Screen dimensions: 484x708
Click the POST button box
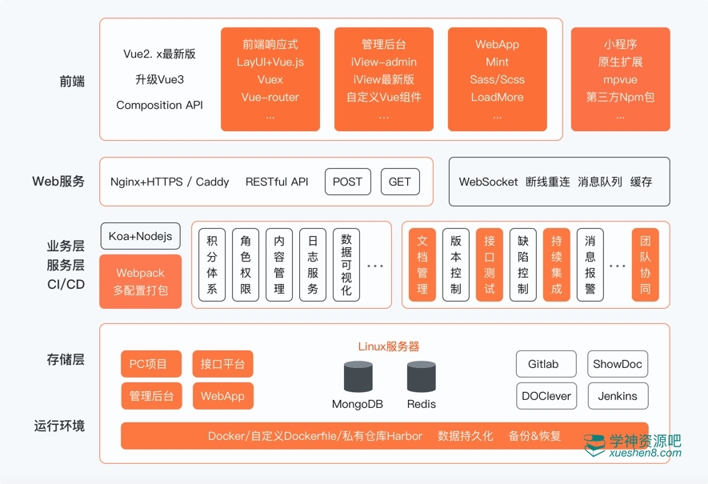point(347,182)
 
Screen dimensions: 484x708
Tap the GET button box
point(399,182)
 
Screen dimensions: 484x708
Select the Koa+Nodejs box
point(141,237)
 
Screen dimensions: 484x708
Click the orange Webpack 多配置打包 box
point(141,282)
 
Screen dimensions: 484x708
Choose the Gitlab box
point(543,364)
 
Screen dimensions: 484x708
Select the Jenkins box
point(618,396)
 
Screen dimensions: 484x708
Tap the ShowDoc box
point(618,364)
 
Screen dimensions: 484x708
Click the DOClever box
point(546,396)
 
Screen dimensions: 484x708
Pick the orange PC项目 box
point(150,364)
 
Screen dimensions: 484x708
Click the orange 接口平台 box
point(222,364)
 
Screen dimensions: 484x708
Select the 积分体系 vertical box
point(212,265)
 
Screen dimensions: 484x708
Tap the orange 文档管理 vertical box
point(422,265)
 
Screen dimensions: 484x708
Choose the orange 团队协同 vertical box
point(645,265)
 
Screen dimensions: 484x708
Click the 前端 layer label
point(71,82)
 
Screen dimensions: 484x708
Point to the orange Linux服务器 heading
point(388,346)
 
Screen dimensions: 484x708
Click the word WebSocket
point(488,182)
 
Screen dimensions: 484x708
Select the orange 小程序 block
point(620,79)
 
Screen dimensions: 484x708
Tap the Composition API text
point(159,105)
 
